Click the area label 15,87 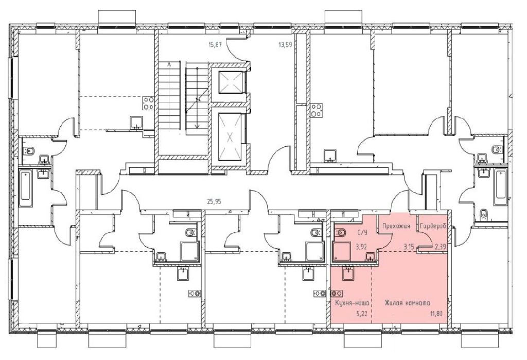click(x=215, y=44)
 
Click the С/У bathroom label click(x=362, y=232)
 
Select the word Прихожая click(x=397, y=226)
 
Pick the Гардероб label click(x=433, y=226)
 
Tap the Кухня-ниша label click(x=353, y=303)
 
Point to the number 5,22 click(x=362, y=315)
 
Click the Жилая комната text click(x=408, y=303)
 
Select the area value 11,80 click(x=436, y=315)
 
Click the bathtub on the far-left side click(x=26, y=189)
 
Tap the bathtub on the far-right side click(x=500, y=187)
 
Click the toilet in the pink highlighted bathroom click(x=341, y=232)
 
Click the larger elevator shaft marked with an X click(x=230, y=137)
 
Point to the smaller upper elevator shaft click(x=230, y=82)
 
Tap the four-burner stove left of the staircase click(x=149, y=102)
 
